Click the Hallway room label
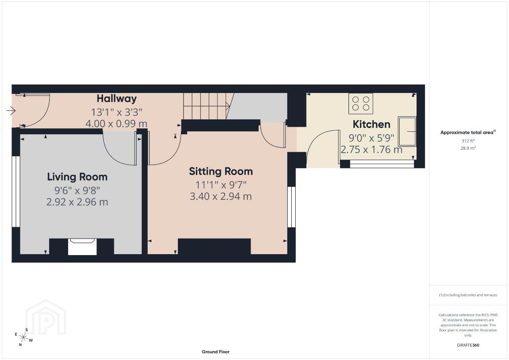[116, 98]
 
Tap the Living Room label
[77, 177]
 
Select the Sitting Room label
[221, 171]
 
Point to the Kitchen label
[371, 124]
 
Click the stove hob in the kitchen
[361, 103]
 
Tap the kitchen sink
[407, 131]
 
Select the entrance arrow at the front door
[11, 111]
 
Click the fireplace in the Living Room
[83, 247]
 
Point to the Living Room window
[16, 191]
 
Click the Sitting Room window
[291, 207]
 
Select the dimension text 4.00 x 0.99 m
[116, 124]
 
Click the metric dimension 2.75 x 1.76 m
[371, 150]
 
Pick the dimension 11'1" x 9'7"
[221, 185]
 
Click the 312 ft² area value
[468, 141]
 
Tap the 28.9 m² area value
[468, 148]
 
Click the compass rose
[23, 338]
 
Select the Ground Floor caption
[216, 352]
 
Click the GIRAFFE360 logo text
[468, 345]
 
